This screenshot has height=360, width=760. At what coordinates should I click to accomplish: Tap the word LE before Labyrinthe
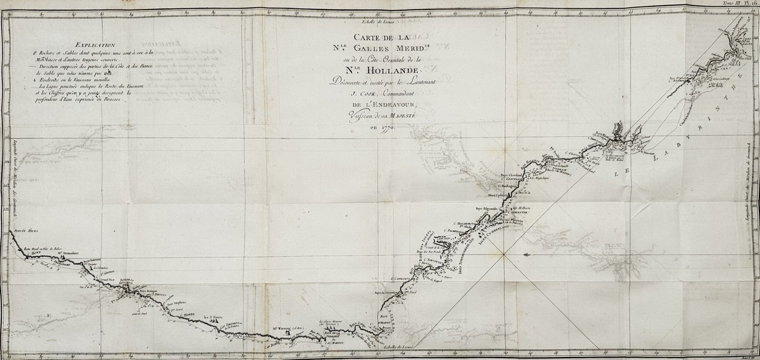point(623,171)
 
